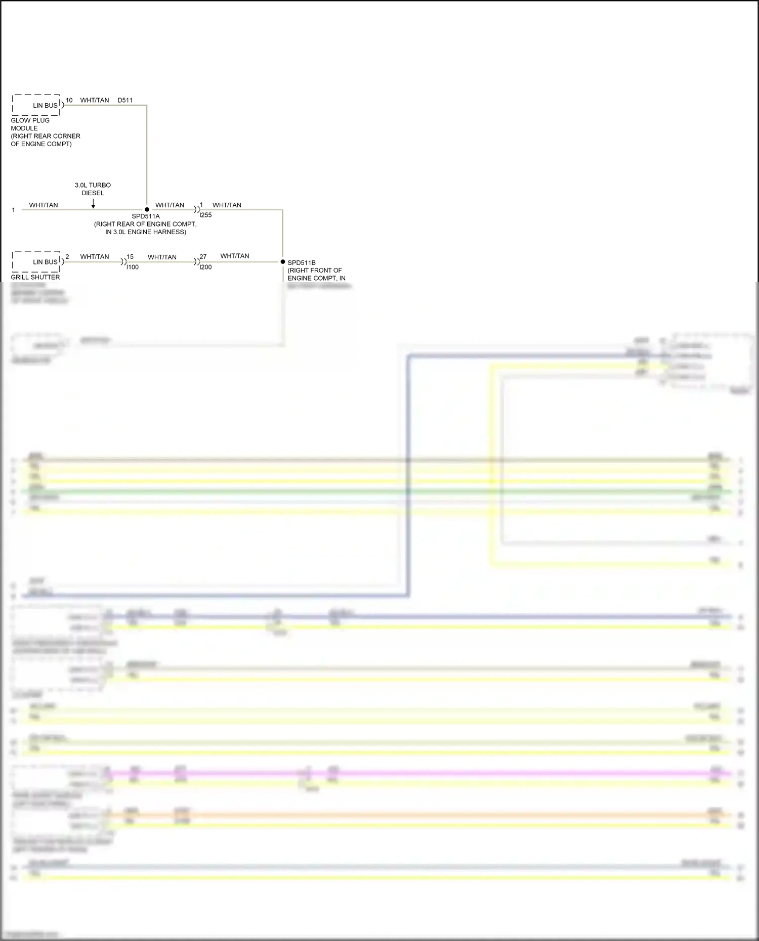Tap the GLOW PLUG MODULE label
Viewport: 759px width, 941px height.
point(30,124)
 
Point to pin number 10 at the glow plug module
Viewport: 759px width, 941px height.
point(69,101)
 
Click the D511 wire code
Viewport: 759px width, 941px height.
point(125,101)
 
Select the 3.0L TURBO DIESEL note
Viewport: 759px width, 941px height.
point(93,189)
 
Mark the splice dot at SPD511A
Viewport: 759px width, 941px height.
point(147,209)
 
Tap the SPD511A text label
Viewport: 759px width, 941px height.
point(146,216)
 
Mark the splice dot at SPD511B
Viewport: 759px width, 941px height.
point(283,262)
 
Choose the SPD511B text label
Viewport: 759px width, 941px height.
point(302,263)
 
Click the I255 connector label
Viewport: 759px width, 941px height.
point(206,215)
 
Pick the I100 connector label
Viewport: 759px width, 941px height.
point(133,267)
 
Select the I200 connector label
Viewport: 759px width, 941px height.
point(206,267)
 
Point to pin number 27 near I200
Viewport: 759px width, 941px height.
point(203,257)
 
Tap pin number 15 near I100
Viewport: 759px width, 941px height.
point(130,257)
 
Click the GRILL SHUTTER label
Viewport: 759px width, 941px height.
point(35,277)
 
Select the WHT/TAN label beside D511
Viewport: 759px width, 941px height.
point(95,101)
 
